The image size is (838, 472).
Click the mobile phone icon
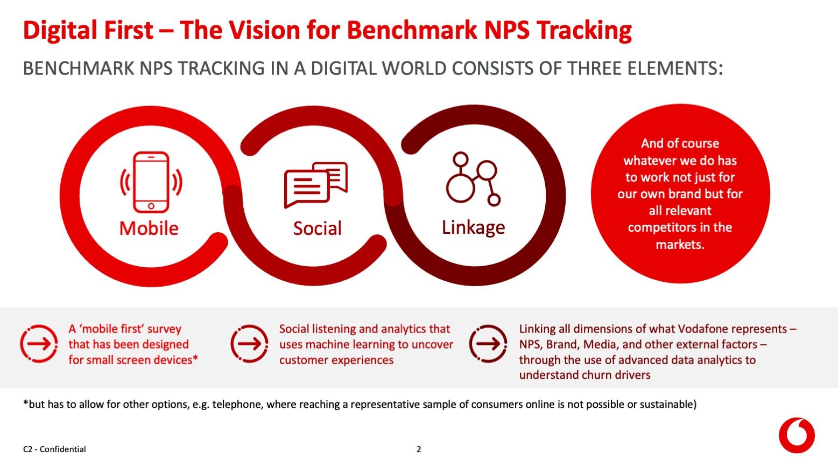click(x=151, y=182)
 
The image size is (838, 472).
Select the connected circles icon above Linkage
click(x=473, y=179)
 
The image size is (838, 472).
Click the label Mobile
click(x=149, y=228)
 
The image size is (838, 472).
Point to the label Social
click(x=317, y=228)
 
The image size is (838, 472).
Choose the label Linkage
click(x=473, y=227)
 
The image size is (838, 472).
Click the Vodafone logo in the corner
click(x=797, y=435)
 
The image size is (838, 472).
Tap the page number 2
click(x=419, y=449)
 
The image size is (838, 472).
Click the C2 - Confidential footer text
click(x=54, y=449)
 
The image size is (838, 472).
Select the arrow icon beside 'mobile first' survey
click(x=39, y=344)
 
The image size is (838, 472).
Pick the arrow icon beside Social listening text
click(x=249, y=344)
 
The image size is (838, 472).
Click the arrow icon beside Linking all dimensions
click(x=488, y=344)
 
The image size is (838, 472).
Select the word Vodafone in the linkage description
click(x=702, y=329)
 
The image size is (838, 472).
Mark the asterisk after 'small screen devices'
click(x=195, y=358)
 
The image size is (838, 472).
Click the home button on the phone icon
click(x=151, y=206)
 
